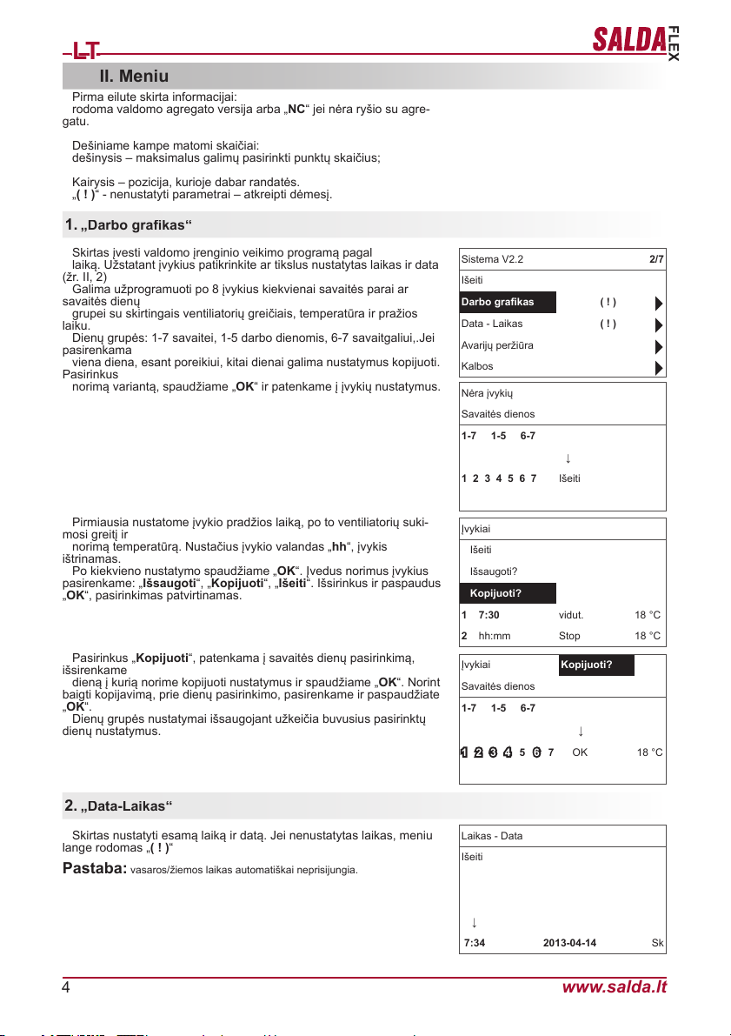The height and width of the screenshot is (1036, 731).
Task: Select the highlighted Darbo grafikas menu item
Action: pyautogui.click(x=497, y=303)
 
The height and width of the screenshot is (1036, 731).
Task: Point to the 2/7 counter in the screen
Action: pyautogui.click(x=656, y=259)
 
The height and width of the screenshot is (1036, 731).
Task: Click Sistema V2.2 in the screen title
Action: pyautogui.click(x=492, y=259)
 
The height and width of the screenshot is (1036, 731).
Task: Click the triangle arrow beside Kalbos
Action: pyautogui.click(x=659, y=366)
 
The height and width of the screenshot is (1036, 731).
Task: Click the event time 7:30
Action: pyautogui.click(x=489, y=615)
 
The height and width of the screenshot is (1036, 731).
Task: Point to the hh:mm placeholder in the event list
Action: pyautogui.click(x=495, y=636)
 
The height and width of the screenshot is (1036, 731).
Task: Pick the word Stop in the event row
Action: pyautogui.click(x=569, y=636)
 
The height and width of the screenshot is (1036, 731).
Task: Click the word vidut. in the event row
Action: pyautogui.click(x=571, y=615)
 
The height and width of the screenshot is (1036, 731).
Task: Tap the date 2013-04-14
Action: pyautogui.click(x=569, y=943)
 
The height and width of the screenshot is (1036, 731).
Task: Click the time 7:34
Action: pyautogui.click(x=475, y=943)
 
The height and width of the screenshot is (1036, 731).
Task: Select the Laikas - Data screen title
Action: pyautogui.click(x=492, y=836)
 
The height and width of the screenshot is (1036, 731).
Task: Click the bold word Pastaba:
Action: pyautogui.click(x=95, y=870)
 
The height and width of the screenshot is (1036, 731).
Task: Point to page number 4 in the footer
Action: pyautogui.click(x=66, y=986)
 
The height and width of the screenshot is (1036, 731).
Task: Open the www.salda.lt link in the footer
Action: pyautogui.click(x=615, y=986)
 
